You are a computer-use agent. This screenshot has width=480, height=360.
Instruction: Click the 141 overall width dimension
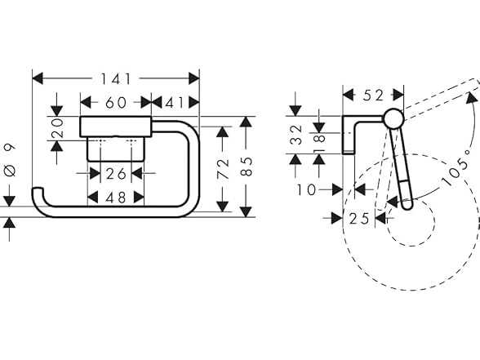[116, 79]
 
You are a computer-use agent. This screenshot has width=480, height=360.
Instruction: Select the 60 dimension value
[116, 103]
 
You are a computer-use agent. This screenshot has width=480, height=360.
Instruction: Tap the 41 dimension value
[175, 103]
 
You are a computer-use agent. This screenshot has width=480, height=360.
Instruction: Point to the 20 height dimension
[57, 128]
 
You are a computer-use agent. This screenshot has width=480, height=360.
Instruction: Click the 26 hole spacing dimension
[116, 174]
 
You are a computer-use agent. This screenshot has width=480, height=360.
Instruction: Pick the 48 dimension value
[116, 198]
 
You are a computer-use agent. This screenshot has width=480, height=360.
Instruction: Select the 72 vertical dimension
[223, 169]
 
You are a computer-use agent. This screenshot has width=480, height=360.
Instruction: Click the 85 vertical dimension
[247, 167]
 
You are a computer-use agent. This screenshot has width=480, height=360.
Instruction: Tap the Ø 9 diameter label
[10, 160]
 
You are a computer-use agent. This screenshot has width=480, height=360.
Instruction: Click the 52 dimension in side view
[373, 96]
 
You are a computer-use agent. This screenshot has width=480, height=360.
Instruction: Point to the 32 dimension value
[296, 135]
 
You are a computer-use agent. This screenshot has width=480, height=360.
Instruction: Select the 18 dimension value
[319, 144]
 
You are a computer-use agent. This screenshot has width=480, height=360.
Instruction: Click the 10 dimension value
[306, 189]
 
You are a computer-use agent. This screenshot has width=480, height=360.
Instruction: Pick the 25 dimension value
[359, 219]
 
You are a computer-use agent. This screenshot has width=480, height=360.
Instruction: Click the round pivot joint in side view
[394, 118]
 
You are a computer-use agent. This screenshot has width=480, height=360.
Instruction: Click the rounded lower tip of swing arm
[407, 204]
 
